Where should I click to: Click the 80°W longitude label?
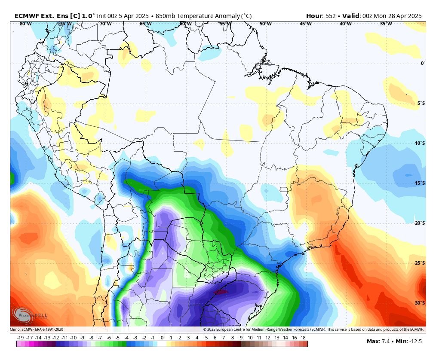coord(25,24)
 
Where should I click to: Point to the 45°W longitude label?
coord(306,24)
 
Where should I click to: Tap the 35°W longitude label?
coord(386,24)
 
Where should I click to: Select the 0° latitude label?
coord(423,63)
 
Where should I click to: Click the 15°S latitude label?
coord(420,183)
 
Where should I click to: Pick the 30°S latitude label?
coord(420,303)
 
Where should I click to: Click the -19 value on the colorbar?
coord(20,338)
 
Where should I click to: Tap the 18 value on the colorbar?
coord(303,338)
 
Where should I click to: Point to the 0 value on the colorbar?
coord(162,338)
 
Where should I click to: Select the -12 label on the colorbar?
coord(56,338)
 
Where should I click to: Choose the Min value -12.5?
coord(415,342)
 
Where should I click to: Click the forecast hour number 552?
coord(331,16)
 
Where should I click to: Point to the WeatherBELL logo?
coord(30,315)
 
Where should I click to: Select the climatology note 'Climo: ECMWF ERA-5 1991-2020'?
coord(37,329)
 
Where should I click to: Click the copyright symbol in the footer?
coord(205,329)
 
